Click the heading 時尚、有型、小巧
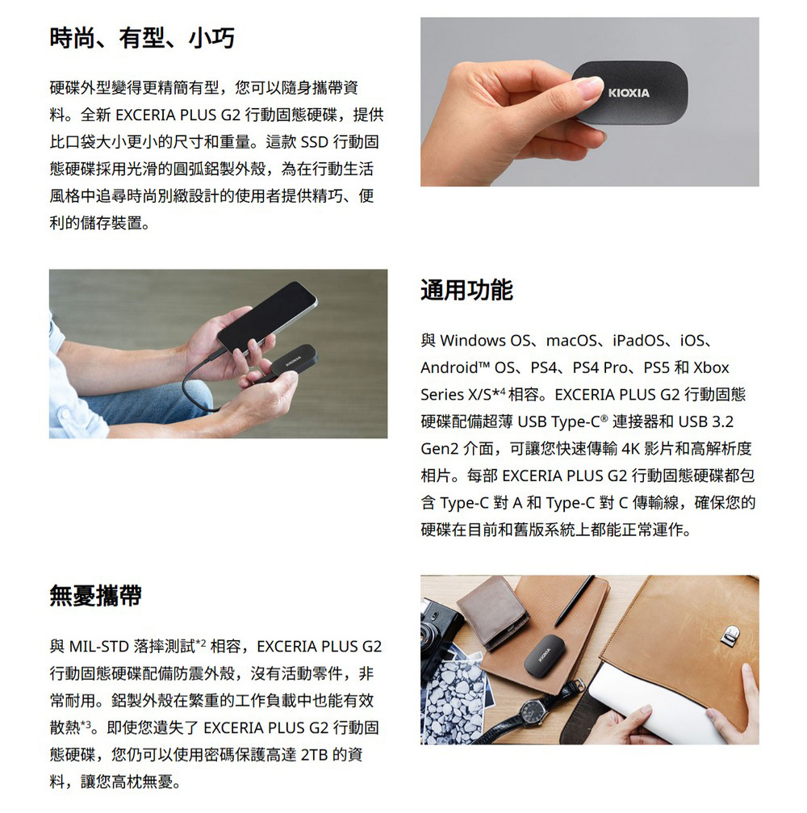pyautogui.click(x=142, y=38)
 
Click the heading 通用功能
pyautogui.click(x=466, y=289)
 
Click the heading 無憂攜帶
pyautogui.click(x=95, y=596)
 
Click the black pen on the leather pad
pyautogui.click(x=575, y=601)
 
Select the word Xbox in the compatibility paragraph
pyautogui.click(x=711, y=368)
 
